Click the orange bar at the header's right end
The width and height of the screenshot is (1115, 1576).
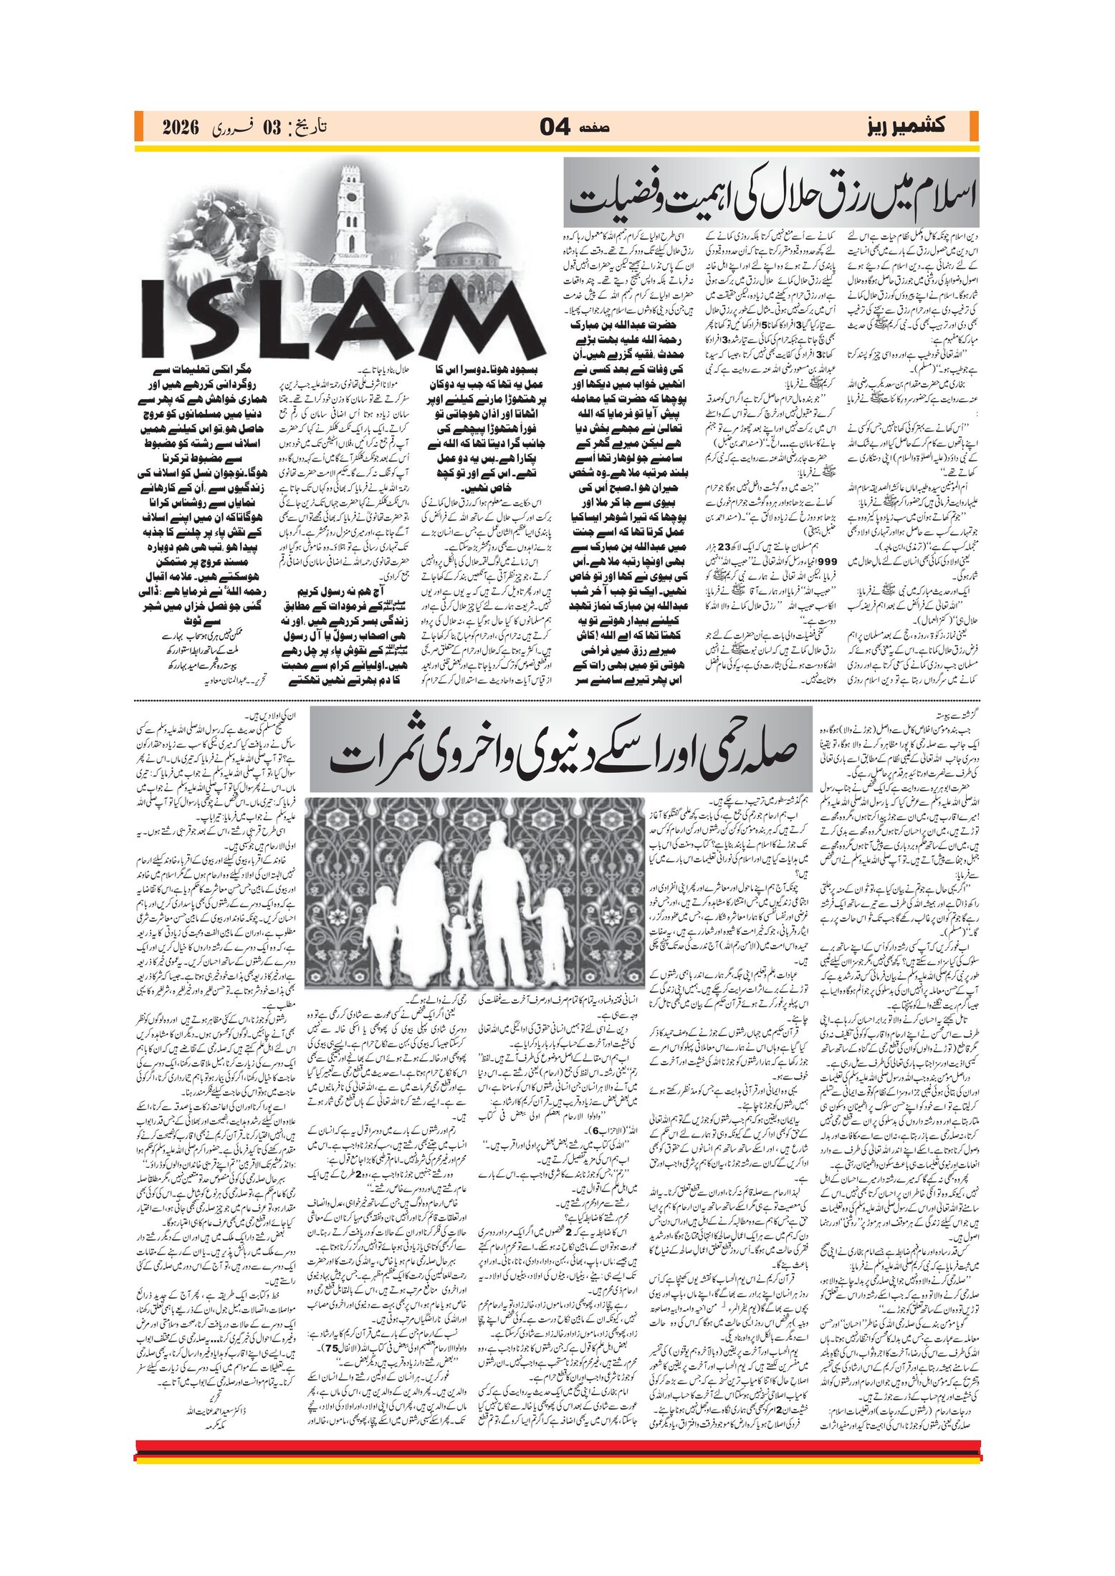974,127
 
